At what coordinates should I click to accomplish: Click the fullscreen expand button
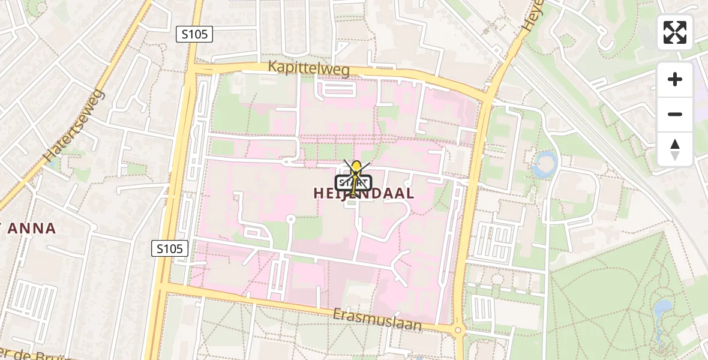tap(675, 32)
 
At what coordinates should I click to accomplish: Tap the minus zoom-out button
tap(675, 114)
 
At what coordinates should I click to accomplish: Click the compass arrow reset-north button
tap(675, 149)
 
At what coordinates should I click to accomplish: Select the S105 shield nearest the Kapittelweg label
tap(195, 34)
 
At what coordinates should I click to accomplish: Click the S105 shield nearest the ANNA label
tap(170, 248)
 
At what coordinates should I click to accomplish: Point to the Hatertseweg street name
tap(74, 125)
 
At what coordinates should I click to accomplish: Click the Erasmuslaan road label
tap(377, 320)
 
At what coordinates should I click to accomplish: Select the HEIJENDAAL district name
tap(364, 193)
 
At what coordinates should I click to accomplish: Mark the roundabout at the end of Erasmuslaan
tap(458, 329)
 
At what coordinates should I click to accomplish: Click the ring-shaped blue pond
tap(545, 163)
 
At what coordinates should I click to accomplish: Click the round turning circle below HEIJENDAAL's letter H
tap(290, 219)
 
